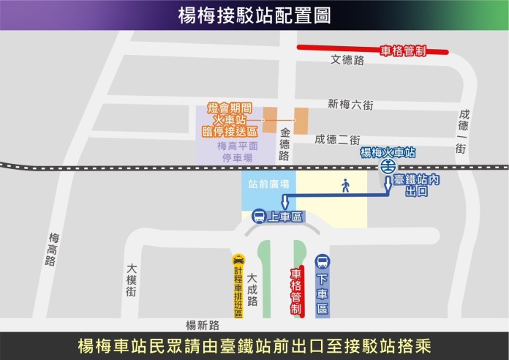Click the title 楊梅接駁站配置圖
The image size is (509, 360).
(x=254, y=15)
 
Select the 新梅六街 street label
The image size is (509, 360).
(x=350, y=105)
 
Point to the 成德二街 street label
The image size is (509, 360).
(x=337, y=139)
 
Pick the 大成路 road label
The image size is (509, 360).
(x=252, y=290)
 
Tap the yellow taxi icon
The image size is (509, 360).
(x=238, y=259)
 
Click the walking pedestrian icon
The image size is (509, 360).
(x=345, y=186)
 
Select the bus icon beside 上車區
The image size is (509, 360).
(x=258, y=217)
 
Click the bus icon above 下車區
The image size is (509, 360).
(x=323, y=261)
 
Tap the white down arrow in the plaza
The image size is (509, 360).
(x=286, y=203)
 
